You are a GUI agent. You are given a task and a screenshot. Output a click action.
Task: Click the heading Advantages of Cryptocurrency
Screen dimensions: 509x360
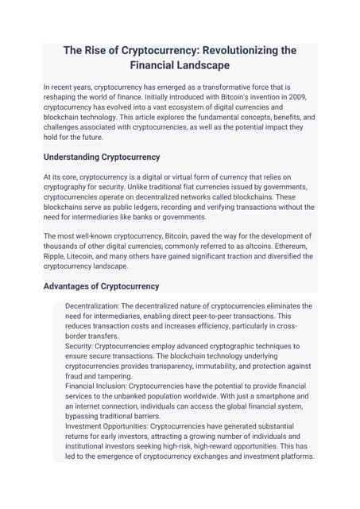click(101, 286)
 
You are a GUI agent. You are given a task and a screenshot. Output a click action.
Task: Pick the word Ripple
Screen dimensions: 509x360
click(55, 256)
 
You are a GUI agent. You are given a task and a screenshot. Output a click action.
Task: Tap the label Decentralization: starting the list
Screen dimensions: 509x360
click(99, 306)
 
